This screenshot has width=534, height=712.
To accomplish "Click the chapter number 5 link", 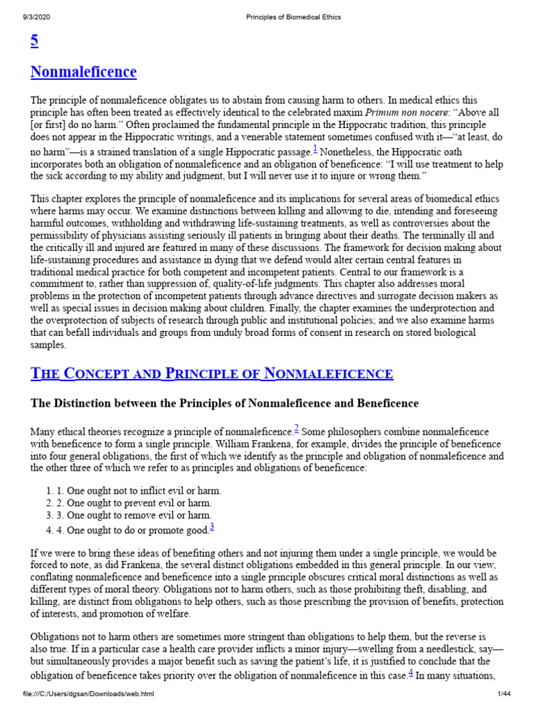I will (x=34, y=41).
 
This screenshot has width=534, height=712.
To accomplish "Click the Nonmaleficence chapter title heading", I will (x=83, y=72).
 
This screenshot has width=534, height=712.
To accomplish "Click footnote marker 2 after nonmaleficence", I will (x=296, y=428).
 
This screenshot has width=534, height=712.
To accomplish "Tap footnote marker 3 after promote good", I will (x=211, y=527).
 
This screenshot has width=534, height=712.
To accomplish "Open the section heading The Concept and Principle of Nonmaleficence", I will (x=212, y=374).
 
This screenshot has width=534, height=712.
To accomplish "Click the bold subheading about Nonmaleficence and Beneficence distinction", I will (x=225, y=403).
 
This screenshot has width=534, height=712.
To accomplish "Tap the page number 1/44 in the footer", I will (x=503, y=694).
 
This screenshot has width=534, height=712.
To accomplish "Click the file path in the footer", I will (x=88, y=694).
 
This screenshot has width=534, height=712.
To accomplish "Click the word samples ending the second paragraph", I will (x=49, y=345).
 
